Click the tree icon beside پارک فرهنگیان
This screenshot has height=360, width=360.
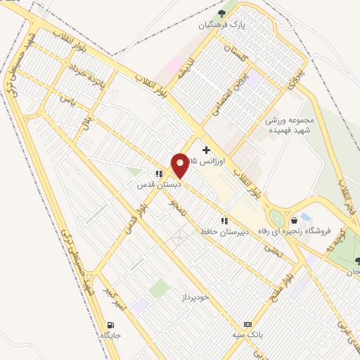(222, 13)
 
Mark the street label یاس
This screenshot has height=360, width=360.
(67, 102)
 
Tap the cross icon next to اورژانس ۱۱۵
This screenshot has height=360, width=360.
(205, 149)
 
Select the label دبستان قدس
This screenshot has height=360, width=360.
(159, 185)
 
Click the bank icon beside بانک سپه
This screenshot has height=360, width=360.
(247, 324)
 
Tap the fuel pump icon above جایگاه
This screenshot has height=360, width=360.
(110, 325)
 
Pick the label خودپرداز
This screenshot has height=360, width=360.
(194, 297)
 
